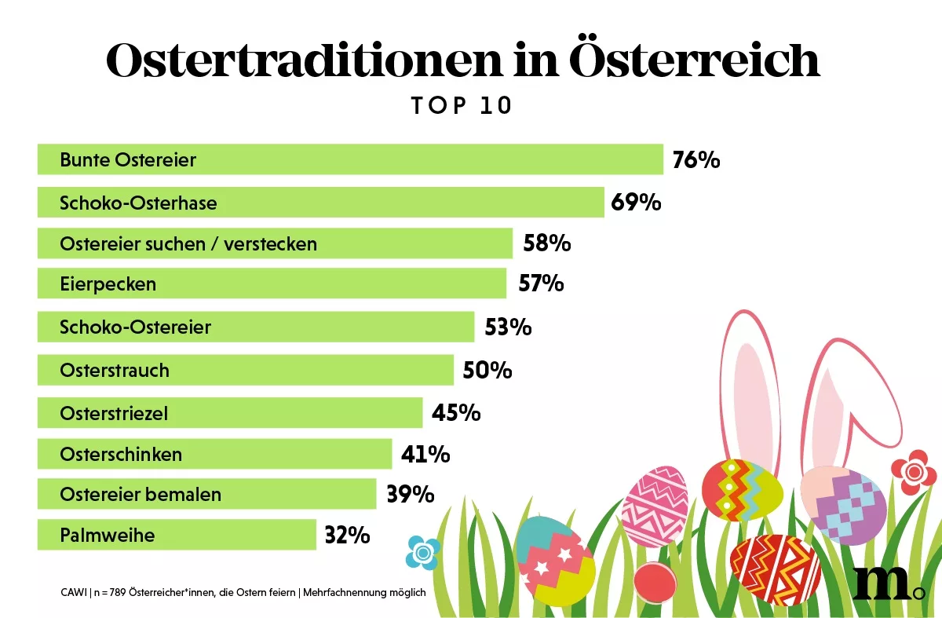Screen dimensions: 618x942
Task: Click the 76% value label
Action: click(x=696, y=160)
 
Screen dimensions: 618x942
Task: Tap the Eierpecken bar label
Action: click(x=108, y=284)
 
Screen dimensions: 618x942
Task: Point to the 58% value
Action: click(x=546, y=243)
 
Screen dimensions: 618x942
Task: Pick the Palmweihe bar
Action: click(x=177, y=536)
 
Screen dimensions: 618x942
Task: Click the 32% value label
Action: click(x=347, y=536)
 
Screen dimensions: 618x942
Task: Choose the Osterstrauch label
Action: click(x=114, y=370)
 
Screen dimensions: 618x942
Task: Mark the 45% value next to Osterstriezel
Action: click(x=456, y=412)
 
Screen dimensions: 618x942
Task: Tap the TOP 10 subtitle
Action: click(x=462, y=106)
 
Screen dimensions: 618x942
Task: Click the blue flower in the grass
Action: click(x=422, y=553)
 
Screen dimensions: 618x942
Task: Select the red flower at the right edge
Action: click(x=915, y=471)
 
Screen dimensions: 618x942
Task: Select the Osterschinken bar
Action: click(x=214, y=454)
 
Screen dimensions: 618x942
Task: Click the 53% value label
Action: click(x=508, y=327)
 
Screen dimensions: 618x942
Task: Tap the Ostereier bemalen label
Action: click(x=140, y=495)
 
